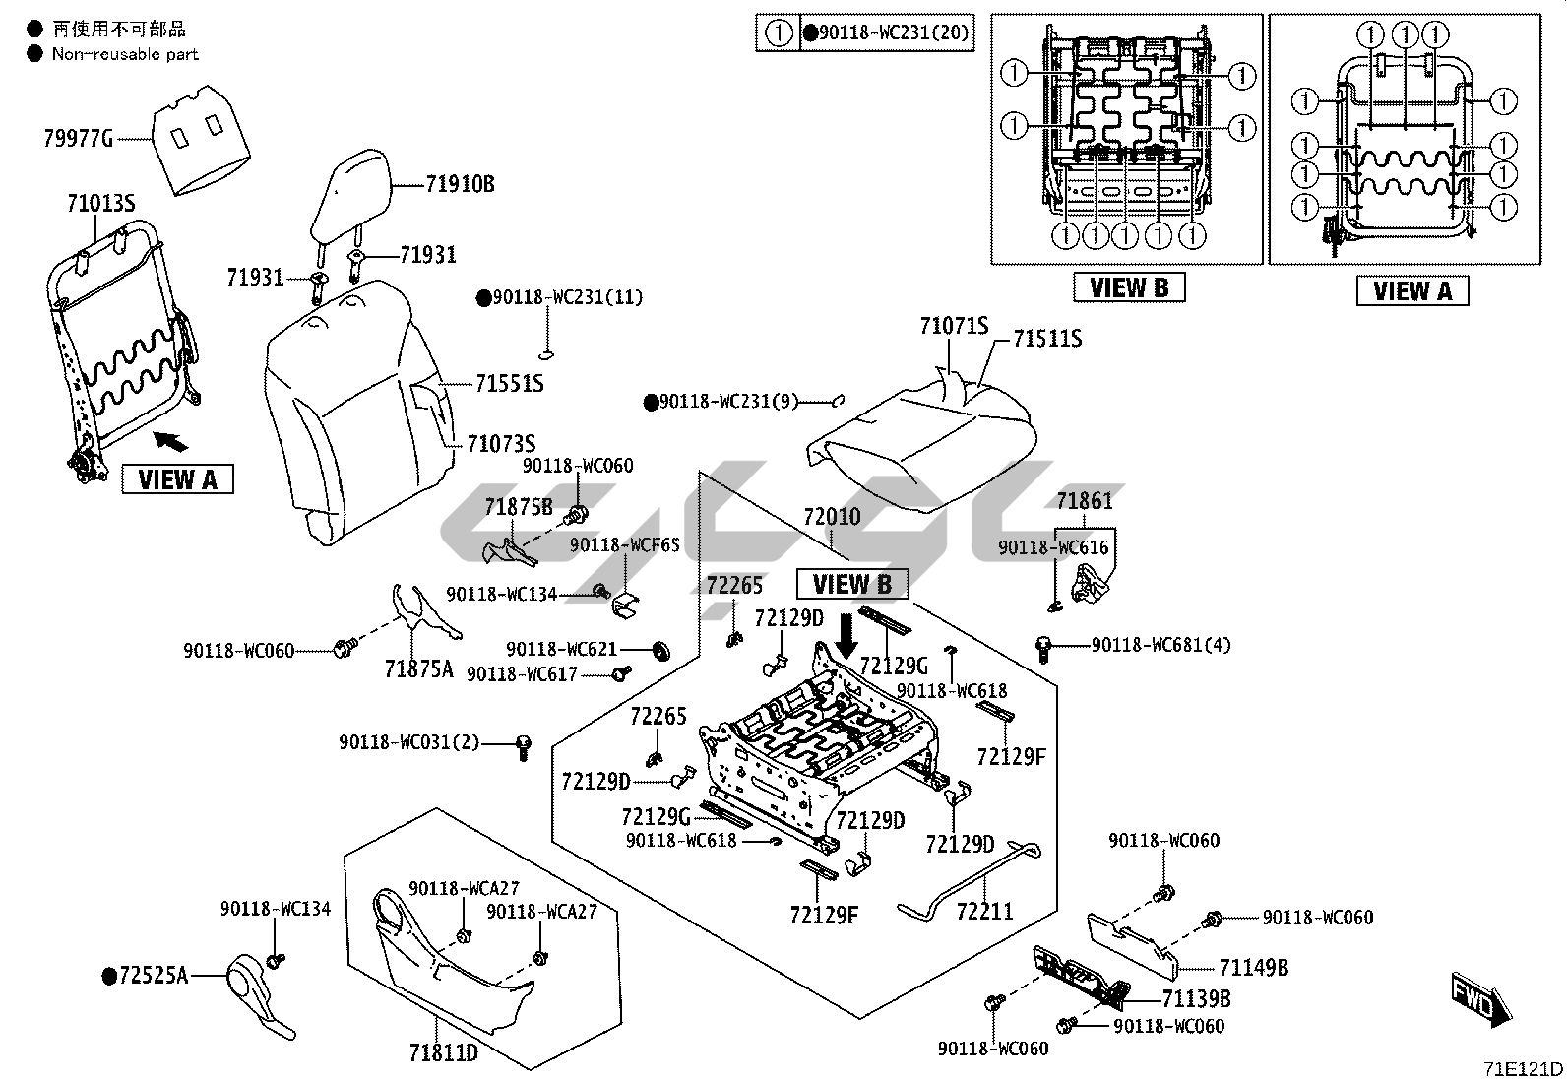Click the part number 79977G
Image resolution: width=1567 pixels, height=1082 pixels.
point(79,138)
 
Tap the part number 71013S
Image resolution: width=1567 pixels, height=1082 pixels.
point(100,204)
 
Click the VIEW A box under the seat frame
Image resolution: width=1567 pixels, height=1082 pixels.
point(177,479)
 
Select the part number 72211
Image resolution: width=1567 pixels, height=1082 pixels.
point(984,912)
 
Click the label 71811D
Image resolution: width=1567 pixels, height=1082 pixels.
point(444,1053)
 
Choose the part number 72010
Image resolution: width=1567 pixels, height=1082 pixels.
point(832,517)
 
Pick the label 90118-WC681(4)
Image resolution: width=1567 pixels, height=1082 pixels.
point(1160,645)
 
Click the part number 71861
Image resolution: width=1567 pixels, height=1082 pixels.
point(1085,501)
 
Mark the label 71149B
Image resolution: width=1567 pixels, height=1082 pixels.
point(1253,968)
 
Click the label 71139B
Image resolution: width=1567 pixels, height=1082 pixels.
point(1196,999)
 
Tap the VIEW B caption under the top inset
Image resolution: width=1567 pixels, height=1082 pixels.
point(1129,287)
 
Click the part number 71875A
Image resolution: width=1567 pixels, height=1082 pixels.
point(418,669)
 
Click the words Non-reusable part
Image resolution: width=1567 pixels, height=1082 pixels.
point(125,55)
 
